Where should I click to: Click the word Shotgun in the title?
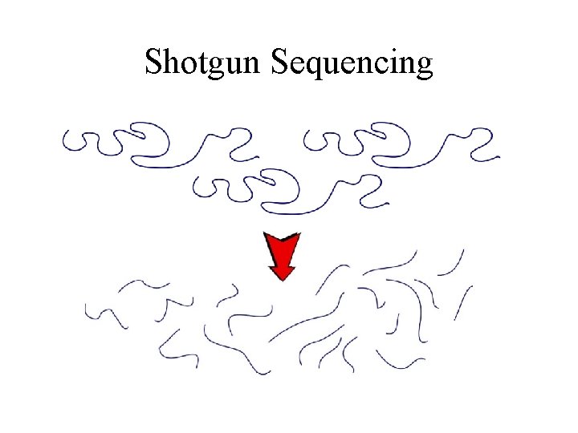(x=204, y=63)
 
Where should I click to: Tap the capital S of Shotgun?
(x=153, y=62)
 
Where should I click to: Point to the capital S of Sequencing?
(x=280, y=62)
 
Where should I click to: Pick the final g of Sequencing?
(x=424, y=66)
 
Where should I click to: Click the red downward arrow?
(x=282, y=255)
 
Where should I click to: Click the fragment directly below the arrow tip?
(x=249, y=313)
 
